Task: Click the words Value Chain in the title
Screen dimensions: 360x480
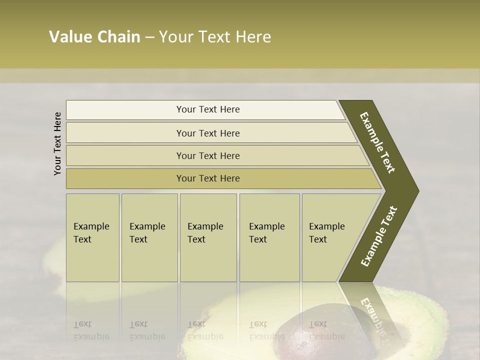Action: tap(94, 37)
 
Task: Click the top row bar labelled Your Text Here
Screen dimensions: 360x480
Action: tap(208, 109)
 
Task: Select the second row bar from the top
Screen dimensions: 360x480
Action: tap(208, 133)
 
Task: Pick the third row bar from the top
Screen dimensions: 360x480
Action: tap(208, 155)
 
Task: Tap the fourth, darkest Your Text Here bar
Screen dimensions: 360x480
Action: tap(208, 178)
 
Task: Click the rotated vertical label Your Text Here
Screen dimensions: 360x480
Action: tap(57, 143)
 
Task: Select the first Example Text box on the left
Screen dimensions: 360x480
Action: tap(92, 237)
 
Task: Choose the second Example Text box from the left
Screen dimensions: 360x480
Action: tap(149, 237)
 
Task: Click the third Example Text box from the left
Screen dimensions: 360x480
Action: tap(208, 237)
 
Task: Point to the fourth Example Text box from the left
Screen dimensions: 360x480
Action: tap(269, 237)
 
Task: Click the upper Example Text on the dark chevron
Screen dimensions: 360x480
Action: tap(378, 142)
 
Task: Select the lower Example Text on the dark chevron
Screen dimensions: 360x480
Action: tap(379, 236)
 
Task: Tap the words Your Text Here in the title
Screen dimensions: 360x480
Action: tap(215, 37)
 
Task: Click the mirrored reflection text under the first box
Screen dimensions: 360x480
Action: tap(91, 330)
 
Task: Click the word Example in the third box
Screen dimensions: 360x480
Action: tap(205, 226)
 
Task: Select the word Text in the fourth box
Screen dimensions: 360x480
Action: tap(258, 239)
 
